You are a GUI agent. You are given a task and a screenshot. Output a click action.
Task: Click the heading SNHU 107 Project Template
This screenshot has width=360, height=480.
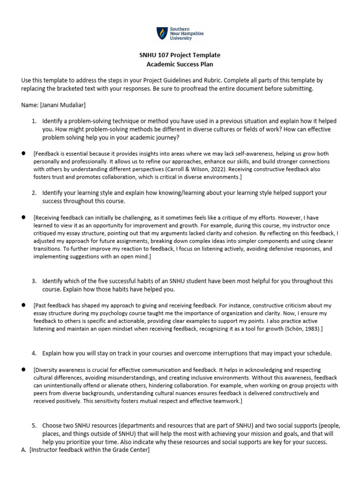(180, 55)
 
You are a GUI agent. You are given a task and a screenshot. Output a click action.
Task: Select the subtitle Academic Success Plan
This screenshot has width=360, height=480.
(180, 64)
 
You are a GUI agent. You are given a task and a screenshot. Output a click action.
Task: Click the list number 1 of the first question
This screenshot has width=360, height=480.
(34, 121)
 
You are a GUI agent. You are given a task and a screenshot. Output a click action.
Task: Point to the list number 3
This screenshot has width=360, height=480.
(34, 281)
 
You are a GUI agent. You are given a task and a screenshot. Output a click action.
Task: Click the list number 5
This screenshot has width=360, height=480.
(34, 426)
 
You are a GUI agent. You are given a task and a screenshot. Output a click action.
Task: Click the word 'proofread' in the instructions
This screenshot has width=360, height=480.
(201, 88)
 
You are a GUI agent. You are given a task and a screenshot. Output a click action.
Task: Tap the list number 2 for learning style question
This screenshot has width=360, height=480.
(34, 193)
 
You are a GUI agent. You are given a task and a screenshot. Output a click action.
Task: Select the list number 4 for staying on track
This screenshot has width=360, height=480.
(34, 353)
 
